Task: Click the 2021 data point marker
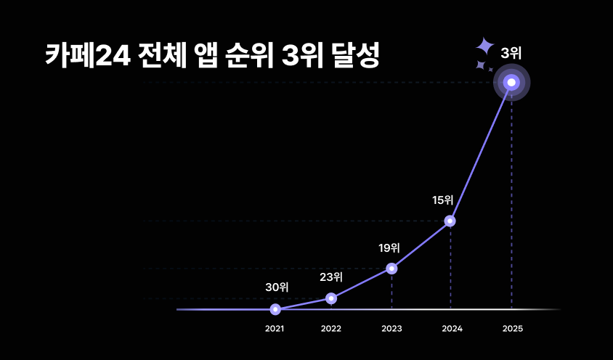(x=275, y=309)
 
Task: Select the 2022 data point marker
(x=331, y=298)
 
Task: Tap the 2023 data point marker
(x=391, y=269)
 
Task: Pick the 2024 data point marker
(x=450, y=221)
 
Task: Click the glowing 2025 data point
(x=511, y=83)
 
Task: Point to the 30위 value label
(x=277, y=287)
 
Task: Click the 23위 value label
(x=331, y=277)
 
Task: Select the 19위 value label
(x=389, y=247)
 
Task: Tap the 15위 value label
(x=442, y=200)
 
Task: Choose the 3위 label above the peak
(x=511, y=52)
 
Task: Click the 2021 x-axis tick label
(x=275, y=329)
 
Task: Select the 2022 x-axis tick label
(x=331, y=329)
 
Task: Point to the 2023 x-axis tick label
(x=391, y=329)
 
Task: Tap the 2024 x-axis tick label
(x=452, y=329)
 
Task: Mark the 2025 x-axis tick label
(x=512, y=329)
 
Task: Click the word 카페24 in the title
(x=87, y=56)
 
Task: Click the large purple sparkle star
(x=484, y=46)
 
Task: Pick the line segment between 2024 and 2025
(x=481, y=152)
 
